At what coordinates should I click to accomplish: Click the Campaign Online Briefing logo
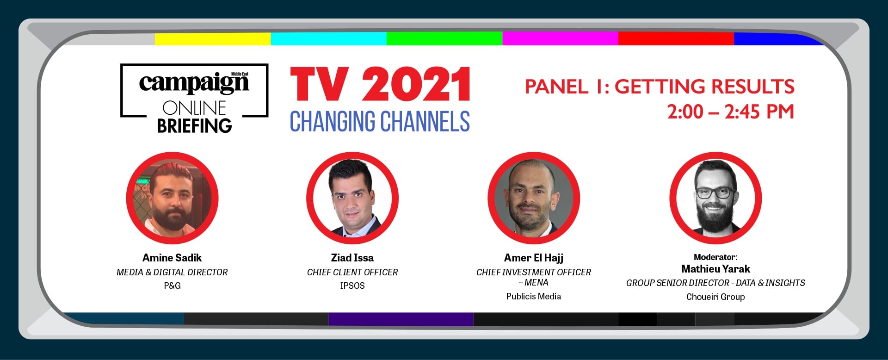coord(194,98)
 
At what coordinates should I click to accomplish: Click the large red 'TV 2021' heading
coord(380,84)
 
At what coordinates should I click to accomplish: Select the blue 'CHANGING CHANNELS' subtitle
coord(380,121)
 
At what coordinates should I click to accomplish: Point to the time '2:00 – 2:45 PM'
coord(730,112)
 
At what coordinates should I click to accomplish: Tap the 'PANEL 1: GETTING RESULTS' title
coord(660,87)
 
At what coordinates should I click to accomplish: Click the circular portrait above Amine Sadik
coord(172,198)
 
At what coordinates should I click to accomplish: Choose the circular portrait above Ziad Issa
coord(352,198)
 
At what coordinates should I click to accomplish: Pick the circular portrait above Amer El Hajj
coord(534,198)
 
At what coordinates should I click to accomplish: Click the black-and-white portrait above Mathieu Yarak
coord(715,198)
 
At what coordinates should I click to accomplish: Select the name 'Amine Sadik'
coord(172,258)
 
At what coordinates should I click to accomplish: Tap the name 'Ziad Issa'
coord(352,258)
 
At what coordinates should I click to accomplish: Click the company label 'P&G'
coord(172,286)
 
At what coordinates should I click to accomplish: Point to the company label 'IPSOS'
coord(352,286)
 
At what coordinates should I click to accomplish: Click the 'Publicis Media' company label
coord(534,297)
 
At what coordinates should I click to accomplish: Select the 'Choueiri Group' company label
coord(715,297)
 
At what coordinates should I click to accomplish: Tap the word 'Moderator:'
coord(715,257)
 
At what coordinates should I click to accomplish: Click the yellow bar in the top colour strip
coord(213,39)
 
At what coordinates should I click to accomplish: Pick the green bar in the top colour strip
coord(444,39)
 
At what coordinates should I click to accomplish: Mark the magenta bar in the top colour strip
coord(561,39)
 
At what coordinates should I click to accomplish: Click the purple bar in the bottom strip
coord(401,319)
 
